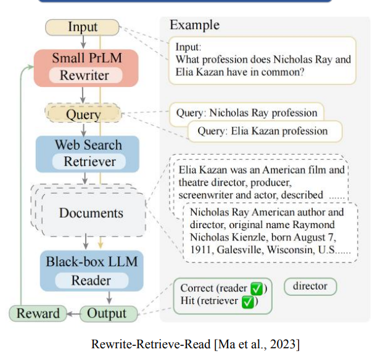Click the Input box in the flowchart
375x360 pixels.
[x=83, y=27]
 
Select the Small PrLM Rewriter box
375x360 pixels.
[x=86, y=67]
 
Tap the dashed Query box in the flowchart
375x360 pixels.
[x=84, y=114]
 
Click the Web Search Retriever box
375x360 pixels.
[x=88, y=153]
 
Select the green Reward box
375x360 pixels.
[x=38, y=313]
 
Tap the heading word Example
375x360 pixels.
[x=194, y=25]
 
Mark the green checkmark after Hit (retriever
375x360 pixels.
[x=248, y=302]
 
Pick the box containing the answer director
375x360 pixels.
[x=310, y=287]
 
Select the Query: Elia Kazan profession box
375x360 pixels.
[x=263, y=131]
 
